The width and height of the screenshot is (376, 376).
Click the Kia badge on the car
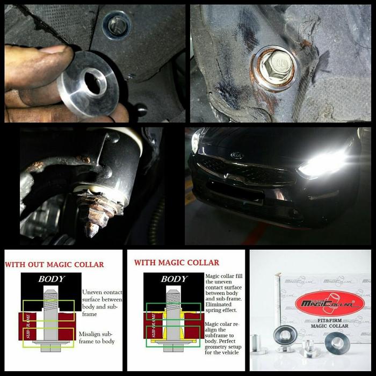click(236, 155)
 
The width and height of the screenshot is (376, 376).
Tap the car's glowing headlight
click(322, 164)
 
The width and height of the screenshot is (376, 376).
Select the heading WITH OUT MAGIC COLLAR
click(54, 264)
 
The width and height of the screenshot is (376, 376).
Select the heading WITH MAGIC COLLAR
click(176, 263)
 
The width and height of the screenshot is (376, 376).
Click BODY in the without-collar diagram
click(51, 279)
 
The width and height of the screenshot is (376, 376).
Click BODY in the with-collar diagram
click(174, 279)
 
